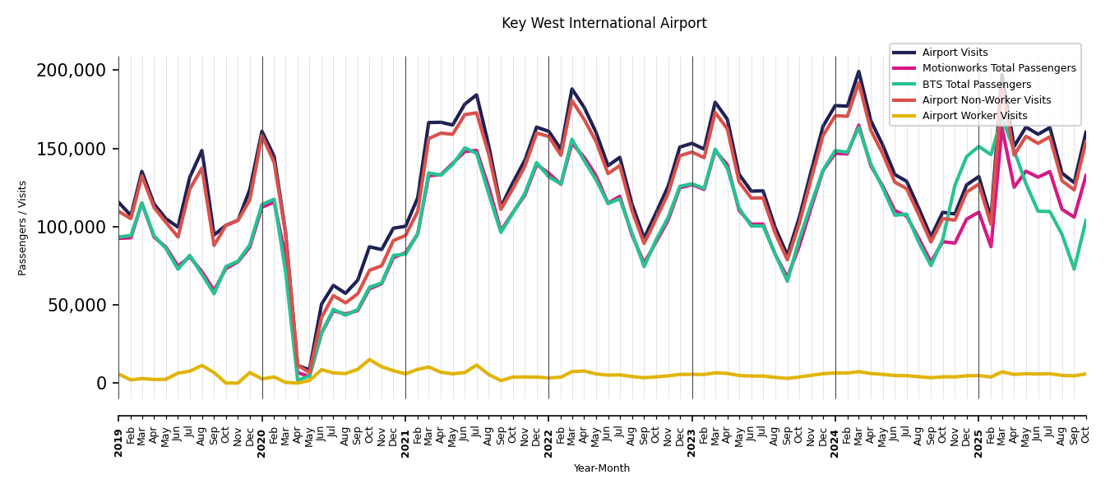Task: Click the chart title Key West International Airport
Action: [x=604, y=24]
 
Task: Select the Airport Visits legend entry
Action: [x=955, y=53]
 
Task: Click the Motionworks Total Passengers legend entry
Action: [x=998, y=68]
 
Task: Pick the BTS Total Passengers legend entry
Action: [x=976, y=85]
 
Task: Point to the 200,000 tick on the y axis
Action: [x=72, y=71]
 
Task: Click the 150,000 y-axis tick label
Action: [x=72, y=149]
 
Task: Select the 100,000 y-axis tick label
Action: [x=72, y=227]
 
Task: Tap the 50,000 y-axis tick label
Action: [x=76, y=305]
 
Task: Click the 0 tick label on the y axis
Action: [x=101, y=383]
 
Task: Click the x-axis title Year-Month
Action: [x=602, y=468]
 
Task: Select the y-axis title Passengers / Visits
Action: [x=23, y=228]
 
